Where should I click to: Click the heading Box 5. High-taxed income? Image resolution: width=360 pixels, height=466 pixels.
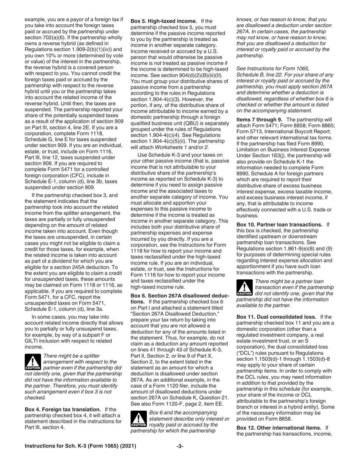(x=164, y=21)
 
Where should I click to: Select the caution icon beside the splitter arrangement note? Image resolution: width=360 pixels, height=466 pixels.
(x=32, y=362)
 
